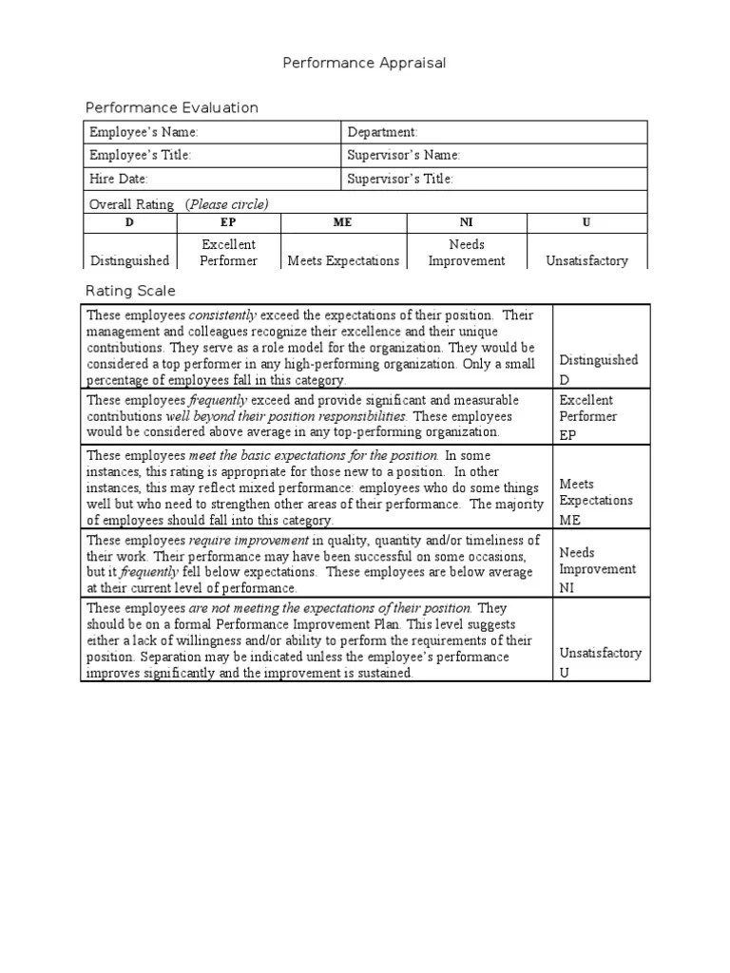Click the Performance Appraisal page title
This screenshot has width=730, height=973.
(x=364, y=63)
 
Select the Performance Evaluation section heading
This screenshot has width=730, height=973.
(x=172, y=107)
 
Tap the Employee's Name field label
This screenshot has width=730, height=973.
(x=144, y=132)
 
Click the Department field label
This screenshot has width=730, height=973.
(x=382, y=132)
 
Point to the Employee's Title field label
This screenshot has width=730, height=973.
(x=141, y=155)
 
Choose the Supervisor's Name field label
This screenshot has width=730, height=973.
(x=404, y=155)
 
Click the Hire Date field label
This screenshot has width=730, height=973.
(x=119, y=179)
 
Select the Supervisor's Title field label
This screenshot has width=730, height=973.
(x=400, y=179)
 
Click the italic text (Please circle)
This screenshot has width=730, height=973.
(x=227, y=204)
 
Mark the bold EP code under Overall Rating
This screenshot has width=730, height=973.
(x=228, y=222)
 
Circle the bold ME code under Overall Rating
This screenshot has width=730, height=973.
(x=343, y=222)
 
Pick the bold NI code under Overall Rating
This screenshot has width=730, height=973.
(x=466, y=222)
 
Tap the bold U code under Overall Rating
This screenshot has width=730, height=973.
(x=586, y=222)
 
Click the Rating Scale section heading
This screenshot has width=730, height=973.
(x=130, y=291)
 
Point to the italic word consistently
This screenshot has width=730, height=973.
(x=223, y=315)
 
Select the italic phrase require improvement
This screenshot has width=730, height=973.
(x=248, y=540)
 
